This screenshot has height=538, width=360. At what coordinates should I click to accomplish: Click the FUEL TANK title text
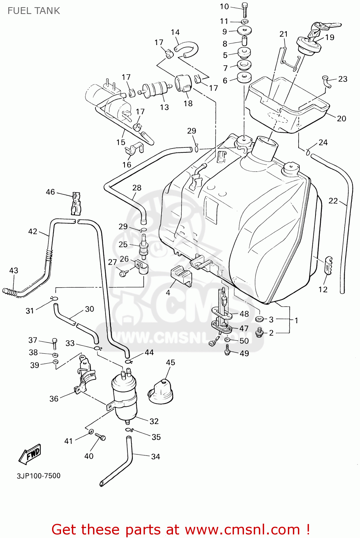tap(34, 11)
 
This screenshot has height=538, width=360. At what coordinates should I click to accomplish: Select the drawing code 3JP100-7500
tap(38, 476)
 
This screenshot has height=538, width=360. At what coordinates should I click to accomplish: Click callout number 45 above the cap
tap(170, 362)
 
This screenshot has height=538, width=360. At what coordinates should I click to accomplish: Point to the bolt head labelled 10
tap(245, 6)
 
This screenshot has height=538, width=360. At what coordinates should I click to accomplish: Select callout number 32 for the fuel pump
tap(154, 421)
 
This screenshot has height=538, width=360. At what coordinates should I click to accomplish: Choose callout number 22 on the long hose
tap(333, 201)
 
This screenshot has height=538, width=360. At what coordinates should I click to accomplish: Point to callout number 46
tap(50, 192)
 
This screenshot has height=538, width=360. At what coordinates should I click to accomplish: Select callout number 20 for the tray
tap(341, 118)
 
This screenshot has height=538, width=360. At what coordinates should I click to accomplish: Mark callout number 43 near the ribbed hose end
tap(14, 270)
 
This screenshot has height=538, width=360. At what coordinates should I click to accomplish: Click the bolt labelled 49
tap(227, 350)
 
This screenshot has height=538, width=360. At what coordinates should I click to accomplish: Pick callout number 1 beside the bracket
tap(296, 320)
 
